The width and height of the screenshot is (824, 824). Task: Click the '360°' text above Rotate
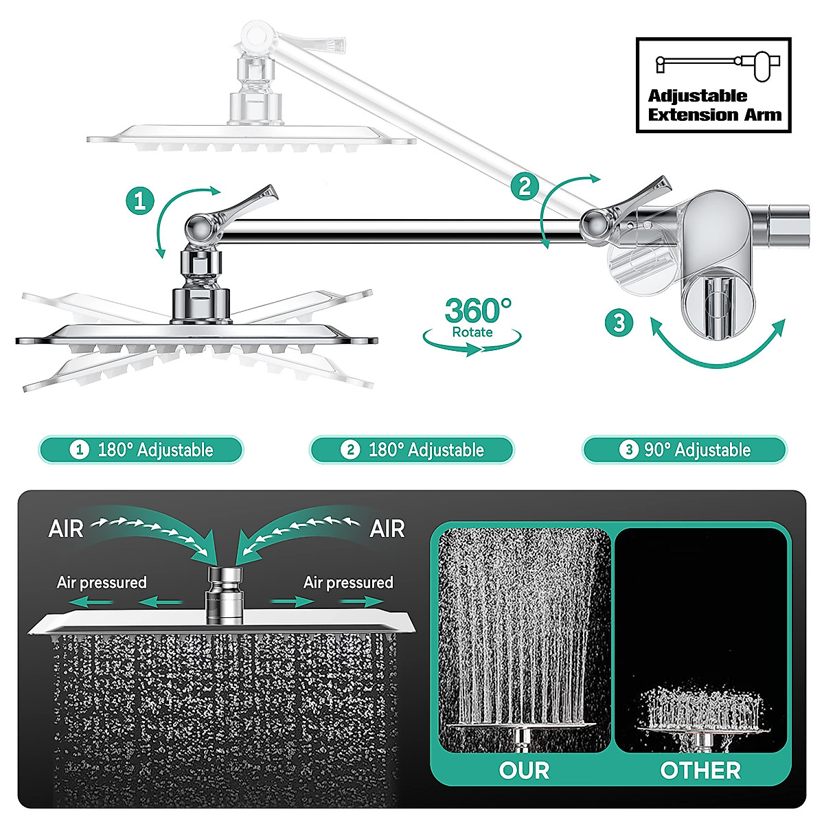[477, 311]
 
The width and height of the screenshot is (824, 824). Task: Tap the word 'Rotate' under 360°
[472, 332]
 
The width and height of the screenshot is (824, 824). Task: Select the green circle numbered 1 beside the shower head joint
[140, 201]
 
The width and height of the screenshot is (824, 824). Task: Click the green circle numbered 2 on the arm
[525, 186]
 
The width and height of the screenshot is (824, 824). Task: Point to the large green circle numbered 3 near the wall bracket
[619, 322]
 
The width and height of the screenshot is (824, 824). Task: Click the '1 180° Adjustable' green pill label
[141, 450]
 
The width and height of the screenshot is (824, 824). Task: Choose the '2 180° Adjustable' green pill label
[412, 450]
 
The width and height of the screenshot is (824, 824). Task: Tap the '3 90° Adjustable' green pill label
[684, 450]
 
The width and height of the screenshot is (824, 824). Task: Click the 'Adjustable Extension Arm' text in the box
[714, 106]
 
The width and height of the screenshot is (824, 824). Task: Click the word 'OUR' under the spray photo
[524, 770]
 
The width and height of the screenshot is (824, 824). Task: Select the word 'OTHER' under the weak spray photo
[700, 770]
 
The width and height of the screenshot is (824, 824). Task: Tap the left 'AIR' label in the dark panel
[66, 529]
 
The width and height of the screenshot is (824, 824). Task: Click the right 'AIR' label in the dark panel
[387, 529]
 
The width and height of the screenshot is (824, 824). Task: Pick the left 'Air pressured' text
[102, 583]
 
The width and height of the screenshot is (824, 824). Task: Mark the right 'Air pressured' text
[348, 583]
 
